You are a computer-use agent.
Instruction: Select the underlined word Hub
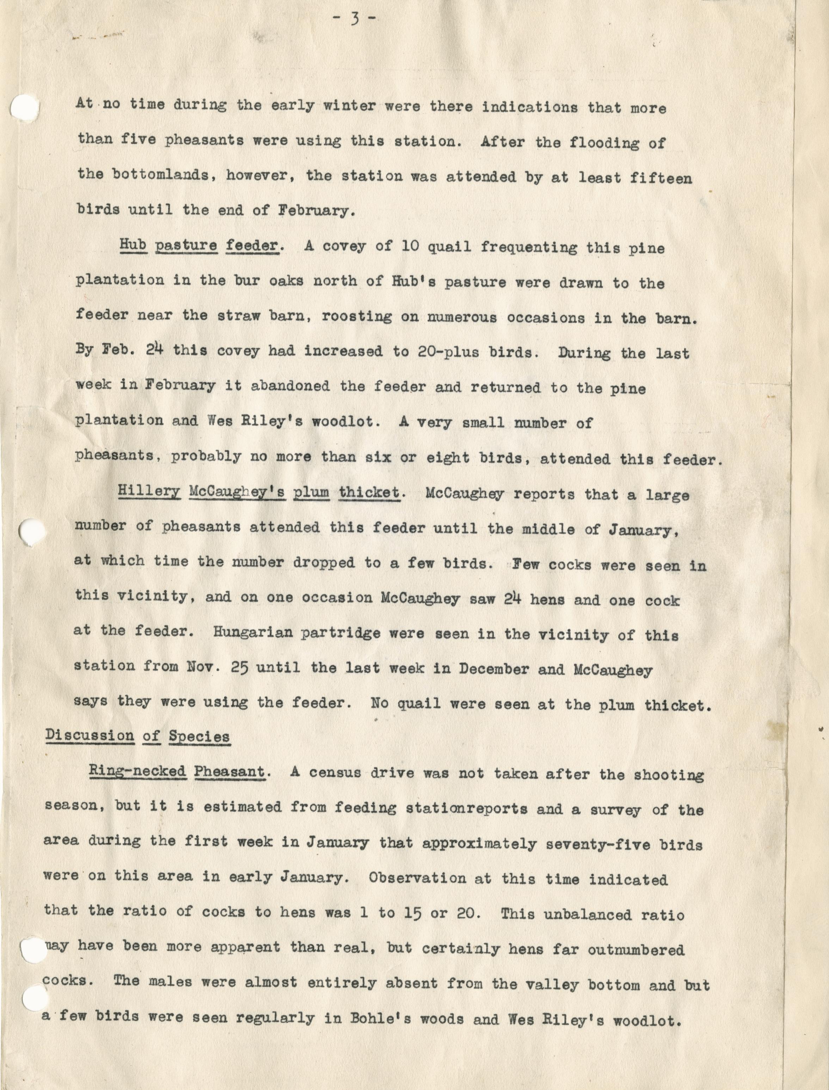click(x=133, y=245)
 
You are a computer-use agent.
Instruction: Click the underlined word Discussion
click(x=89, y=735)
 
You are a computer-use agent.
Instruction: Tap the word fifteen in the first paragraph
click(x=661, y=178)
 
